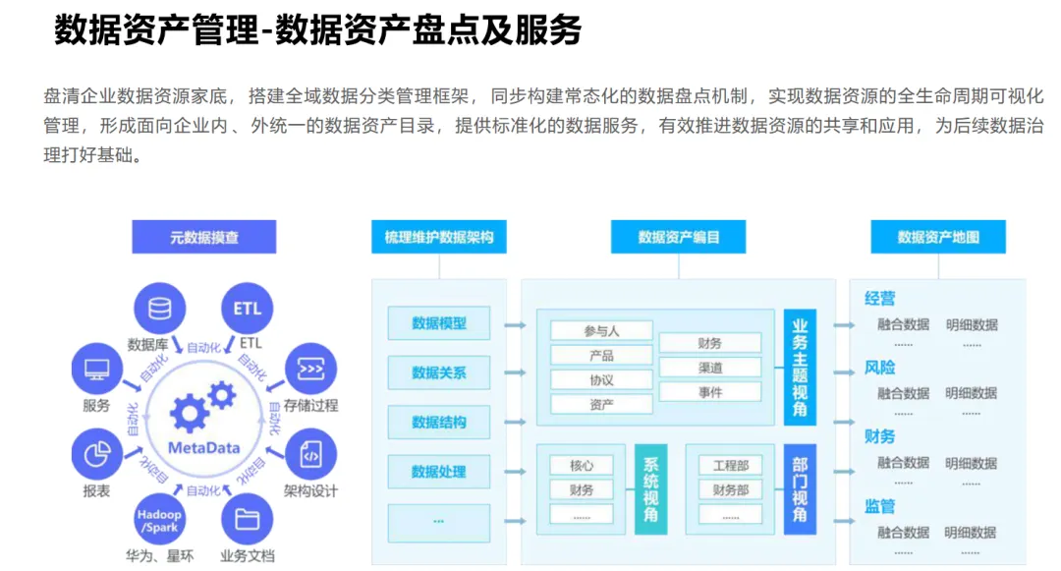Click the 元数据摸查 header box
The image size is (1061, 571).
tap(204, 237)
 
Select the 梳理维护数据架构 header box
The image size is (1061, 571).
tap(439, 237)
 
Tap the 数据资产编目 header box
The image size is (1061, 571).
tap(679, 237)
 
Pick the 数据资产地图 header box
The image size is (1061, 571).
tap(938, 237)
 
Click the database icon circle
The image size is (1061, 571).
tap(158, 309)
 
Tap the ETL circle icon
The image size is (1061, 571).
tap(248, 309)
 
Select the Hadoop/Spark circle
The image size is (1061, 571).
tap(159, 521)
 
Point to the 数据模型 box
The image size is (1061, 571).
tap(439, 323)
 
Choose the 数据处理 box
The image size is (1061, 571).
tap(439, 472)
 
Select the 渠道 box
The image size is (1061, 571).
tap(709, 368)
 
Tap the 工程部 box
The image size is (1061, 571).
tap(730, 465)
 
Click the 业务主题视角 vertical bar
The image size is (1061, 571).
tap(800, 368)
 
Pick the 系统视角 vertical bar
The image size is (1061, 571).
tap(650, 489)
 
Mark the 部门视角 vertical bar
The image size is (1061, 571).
tap(800, 489)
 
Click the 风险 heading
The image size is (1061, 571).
tap(879, 368)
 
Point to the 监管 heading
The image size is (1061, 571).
tap(879, 507)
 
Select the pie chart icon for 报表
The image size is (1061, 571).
tap(96, 455)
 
